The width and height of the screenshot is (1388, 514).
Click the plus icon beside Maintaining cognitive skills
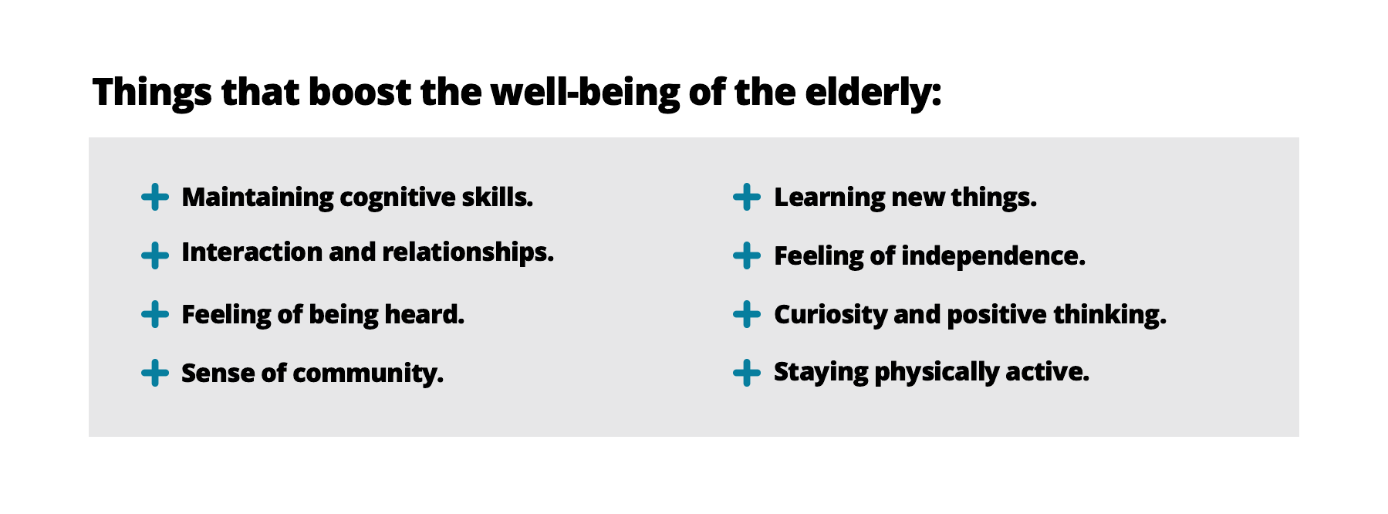click(155, 197)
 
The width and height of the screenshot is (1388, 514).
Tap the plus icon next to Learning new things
click(746, 197)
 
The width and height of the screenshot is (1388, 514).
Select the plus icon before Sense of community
click(155, 373)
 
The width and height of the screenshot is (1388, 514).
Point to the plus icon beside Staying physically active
click(746, 373)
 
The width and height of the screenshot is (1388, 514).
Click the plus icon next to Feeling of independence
click(746, 255)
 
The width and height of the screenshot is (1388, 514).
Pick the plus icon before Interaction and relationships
click(155, 255)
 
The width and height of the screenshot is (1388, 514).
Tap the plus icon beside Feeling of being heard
click(155, 314)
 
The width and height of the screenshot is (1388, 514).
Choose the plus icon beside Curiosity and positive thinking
click(746, 314)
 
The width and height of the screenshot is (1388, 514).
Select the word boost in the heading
click(360, 92)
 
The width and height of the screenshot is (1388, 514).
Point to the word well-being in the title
click(585, 93)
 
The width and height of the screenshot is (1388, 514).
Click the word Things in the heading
click(152, 93)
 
